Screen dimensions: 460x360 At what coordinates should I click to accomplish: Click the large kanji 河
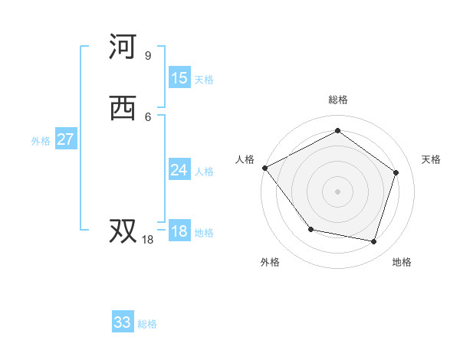pyautogui.click(x=123, y=47)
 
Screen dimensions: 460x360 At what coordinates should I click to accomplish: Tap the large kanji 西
pyautogui.click(x=123, y=109)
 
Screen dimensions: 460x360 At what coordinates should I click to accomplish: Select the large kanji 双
pyautogui.click(x=123, y=231)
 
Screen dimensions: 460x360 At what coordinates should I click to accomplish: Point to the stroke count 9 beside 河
pyautogui.click(x=147, y=55)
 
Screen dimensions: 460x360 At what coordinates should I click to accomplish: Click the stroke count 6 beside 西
pyautogui.click(x=147, y=116)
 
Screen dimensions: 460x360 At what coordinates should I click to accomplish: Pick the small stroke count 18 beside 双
pyautogui.click(x=148, y=240)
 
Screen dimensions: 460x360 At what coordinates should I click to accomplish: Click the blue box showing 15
pyautogui.click(x=179, y=78)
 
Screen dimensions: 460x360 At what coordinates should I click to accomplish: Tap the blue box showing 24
pyautogui.click(x=179, y=170)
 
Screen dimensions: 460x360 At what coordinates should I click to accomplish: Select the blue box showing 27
pyautogui.click(x=66, y=139)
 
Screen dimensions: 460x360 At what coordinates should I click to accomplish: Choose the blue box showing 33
pyautogui.click(x=123, y=322)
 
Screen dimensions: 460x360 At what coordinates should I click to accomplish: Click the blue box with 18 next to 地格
pyautogui.click(x=179, y=231)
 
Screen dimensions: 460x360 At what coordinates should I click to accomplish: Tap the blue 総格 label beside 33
pyautogui.click(x=147, y=324)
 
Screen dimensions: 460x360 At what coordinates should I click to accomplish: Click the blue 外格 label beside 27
pyautogui.click(x=41, y=141)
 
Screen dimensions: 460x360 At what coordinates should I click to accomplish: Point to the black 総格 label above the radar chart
pyautogui.click(x=338, y=100)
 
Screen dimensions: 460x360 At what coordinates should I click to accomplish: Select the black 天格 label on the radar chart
pyautogui.click(x=432, y=159)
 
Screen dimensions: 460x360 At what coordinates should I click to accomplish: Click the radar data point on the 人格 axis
pyautogui.click(x=264, y=168)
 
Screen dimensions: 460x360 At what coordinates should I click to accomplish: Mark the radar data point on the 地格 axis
pyautogui.click(x=373, y=241)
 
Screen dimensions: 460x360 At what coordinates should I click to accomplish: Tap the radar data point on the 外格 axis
pyautogui.click(x=310, y=229)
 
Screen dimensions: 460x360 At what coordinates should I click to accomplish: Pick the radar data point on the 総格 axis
pyautogui.click(x=337, y=131)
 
